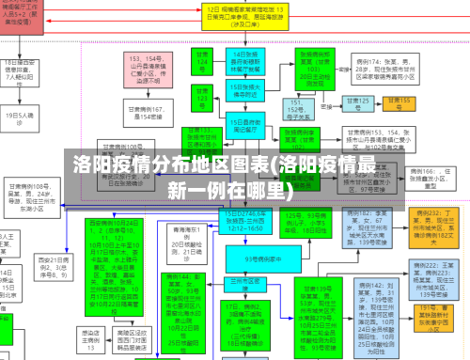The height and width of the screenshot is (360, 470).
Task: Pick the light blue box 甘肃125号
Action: [358, 103]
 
